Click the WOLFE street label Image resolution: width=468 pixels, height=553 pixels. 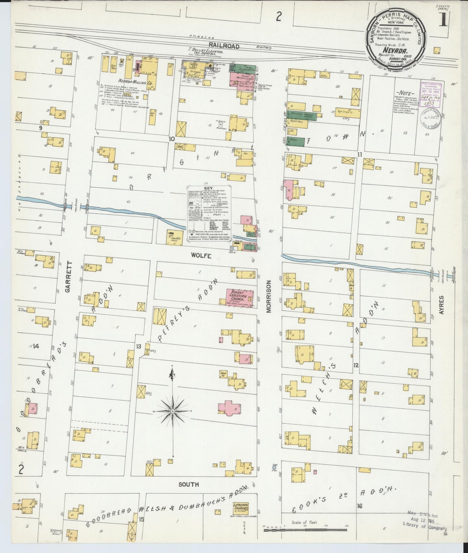pos(201,255)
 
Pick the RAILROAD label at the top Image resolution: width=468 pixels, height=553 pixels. pos(224,46)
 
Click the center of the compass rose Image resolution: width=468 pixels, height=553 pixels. pos(173,411)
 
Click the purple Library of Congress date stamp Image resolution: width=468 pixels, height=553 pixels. pos(431,94)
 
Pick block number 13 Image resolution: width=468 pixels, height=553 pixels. pos(139,347)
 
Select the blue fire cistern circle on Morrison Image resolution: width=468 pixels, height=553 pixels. pos(274,467)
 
